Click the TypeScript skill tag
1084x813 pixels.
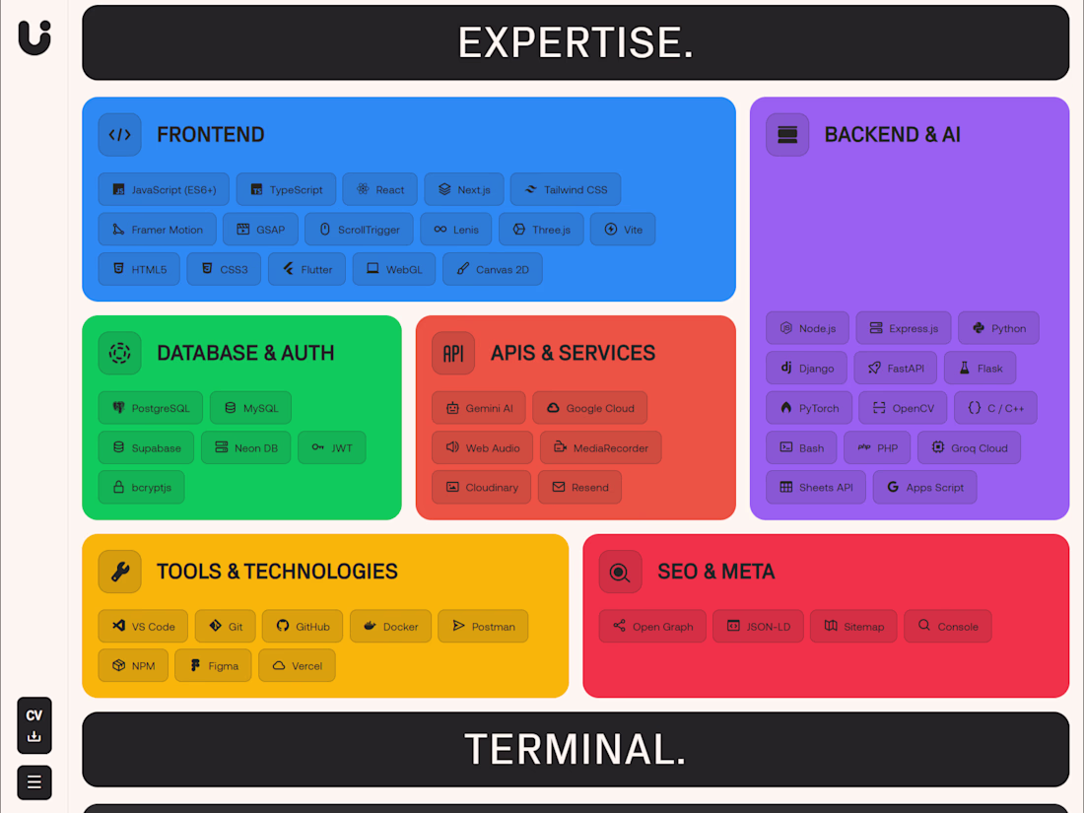(x=286, y=189)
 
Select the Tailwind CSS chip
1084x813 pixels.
(x=566, y=189)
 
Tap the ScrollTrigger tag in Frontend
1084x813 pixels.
(x=359, y=230)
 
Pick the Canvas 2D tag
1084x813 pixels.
(x=492, y=270)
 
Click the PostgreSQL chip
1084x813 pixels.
(x=150, y=408)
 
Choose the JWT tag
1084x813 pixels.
(x=332, y=448)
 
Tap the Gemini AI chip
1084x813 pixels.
(x=478, y=408)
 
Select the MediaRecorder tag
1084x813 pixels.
(x=601, y=448)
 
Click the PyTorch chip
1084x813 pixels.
(x=809, y=408)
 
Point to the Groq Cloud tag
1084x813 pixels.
(x=970, y=448)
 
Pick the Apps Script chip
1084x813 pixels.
(x=925, y=488)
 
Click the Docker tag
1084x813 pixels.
(x=390, y=627)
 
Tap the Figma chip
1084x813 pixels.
(x=213, y=666)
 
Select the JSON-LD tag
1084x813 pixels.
(x=759, y=627)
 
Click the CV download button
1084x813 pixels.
(x=34, y=725)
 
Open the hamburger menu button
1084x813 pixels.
(x=34, y=782)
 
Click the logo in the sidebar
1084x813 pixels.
(x=34, y=37)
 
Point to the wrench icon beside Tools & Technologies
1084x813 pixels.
(x=119, y=572)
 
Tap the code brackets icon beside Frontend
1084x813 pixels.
(x=119, y=135)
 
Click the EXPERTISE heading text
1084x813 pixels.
(x=576, y=42)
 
